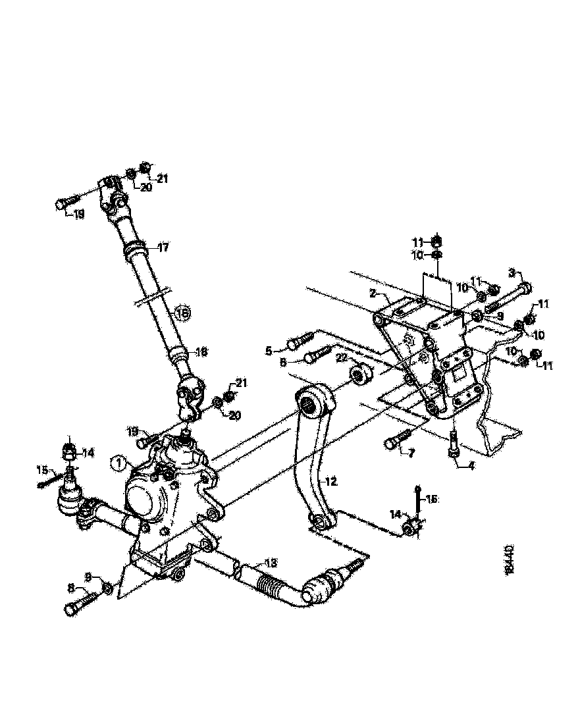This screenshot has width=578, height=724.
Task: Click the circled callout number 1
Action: tap(118, 464)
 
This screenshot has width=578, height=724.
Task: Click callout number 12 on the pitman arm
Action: tap(330, 482)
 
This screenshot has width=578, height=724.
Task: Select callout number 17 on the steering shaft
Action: tap(163, 248)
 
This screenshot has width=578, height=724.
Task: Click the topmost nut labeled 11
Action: tap(437, 240)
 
